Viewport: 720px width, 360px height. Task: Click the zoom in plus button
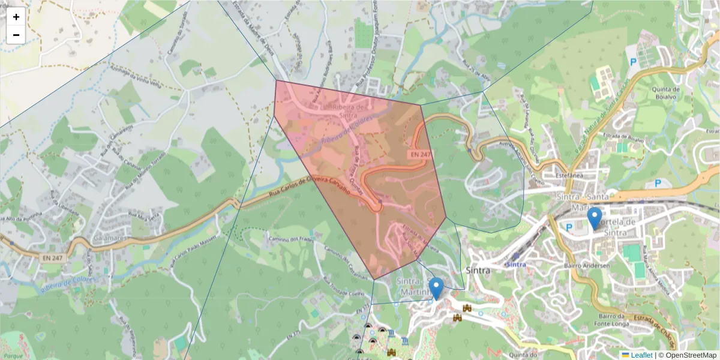pyautogui.click(x=16, y=17)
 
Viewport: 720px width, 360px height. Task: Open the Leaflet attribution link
pyautogui.click(x=641, y=355)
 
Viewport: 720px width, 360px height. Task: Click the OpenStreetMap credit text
pyautogui.click(x=691, y=355)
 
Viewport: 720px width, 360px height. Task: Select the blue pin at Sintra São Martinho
pyautogui.click(x=436, y=288)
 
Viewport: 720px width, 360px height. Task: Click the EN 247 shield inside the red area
pyautogui.click(x=421, y=154)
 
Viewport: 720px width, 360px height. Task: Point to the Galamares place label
pyautogui.click(x=109, y=238)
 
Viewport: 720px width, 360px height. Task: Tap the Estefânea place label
pyautogui.click(x=571, y=176)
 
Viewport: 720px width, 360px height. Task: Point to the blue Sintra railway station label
pyautogui.click(x=516, y=264)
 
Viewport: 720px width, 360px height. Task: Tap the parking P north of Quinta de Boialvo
pyautogui.click(x=632, y=61)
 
